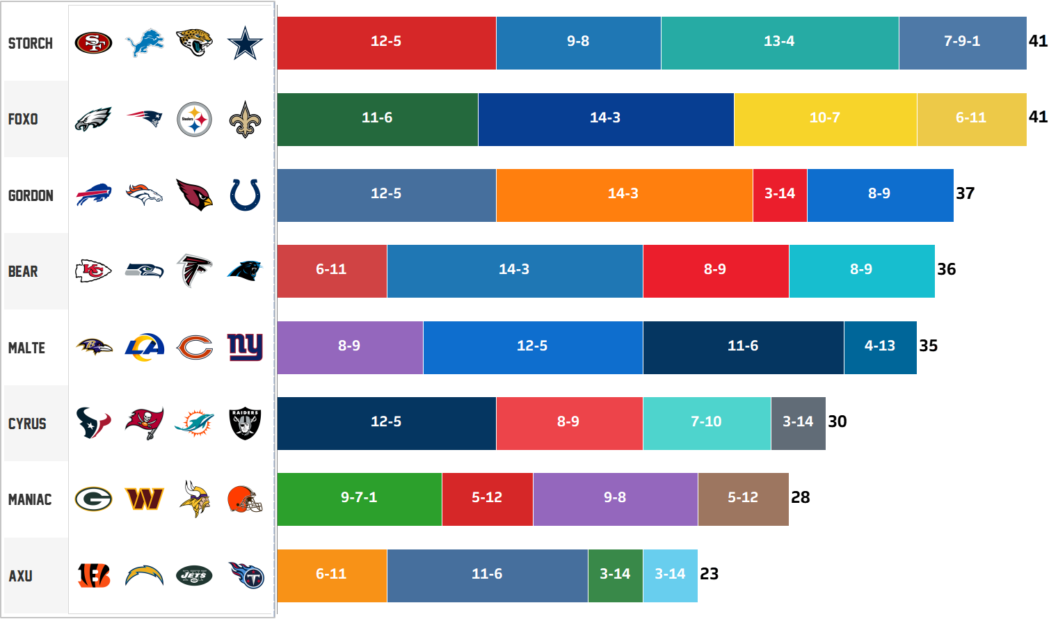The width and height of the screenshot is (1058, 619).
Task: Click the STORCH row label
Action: pyautogui.click(x=31, y=43)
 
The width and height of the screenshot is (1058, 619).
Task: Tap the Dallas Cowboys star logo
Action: pyautogui.click(x=245, y=43)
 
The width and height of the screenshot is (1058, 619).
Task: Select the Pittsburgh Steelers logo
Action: pyautogui.click(x=194, y=120)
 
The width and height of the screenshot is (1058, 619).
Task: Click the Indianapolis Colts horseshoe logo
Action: pyautogui.click(x=245, y=195)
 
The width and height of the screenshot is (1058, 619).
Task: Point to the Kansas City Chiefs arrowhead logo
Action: pyautogui.click(x=93, y=271)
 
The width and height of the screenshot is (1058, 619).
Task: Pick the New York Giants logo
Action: pyautogui.click(x=245, y=346)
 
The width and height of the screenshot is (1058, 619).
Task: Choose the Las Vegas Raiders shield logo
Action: pyautogui.click(x=245, y=423)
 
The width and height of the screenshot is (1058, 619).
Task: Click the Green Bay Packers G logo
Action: pyautogui.click(x=93, y=499)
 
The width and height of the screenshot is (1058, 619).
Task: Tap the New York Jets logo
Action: pyautogui.click(x=194, y=575)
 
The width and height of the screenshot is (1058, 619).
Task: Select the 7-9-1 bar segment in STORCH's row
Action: pyautogui.click(x=962, y=42)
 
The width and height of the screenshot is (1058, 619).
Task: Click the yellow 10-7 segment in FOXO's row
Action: pyautogui.click(x=825, y=118)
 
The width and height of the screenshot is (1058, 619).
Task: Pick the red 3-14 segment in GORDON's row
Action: pyautogui.click(x=780, y=194)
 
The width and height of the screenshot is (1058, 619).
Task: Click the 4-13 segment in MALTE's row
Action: pyautogui.click(x=880, y=346)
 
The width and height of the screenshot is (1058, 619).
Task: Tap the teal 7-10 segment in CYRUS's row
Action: pyautogui.click(x=706, y=422)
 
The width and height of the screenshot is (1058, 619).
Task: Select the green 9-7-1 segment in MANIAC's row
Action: pyautogui.click(x=359, y=498)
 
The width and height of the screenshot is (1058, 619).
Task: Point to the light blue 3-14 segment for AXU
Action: pyautogui.click(x=670, y=574)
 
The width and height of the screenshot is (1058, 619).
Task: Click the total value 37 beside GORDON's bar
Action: pyautogui.click(x=965, y=193)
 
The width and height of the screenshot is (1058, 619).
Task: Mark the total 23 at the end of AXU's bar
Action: pyautogui.click(x=710, y=574)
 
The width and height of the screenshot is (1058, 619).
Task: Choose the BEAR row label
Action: pyautogui.click(x=23, y=271)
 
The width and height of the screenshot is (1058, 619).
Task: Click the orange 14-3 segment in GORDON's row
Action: pyautogui.click(x=623, y=194)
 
